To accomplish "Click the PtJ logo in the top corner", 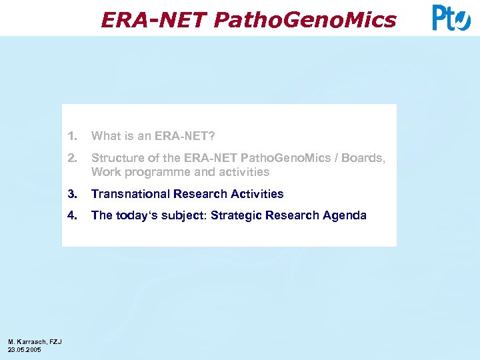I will coord(451,18).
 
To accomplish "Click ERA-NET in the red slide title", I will coord(154,21).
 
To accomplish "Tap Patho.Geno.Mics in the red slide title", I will coord(305,21).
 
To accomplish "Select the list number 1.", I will coord(72,136).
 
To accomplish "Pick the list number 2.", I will coord(72,158).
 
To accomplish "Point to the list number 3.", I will coord(72,194).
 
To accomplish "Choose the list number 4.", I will coord(72,215).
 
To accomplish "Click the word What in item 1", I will coord(105,136).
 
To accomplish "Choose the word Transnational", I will coord(131,194).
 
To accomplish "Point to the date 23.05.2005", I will coord(25,349).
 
